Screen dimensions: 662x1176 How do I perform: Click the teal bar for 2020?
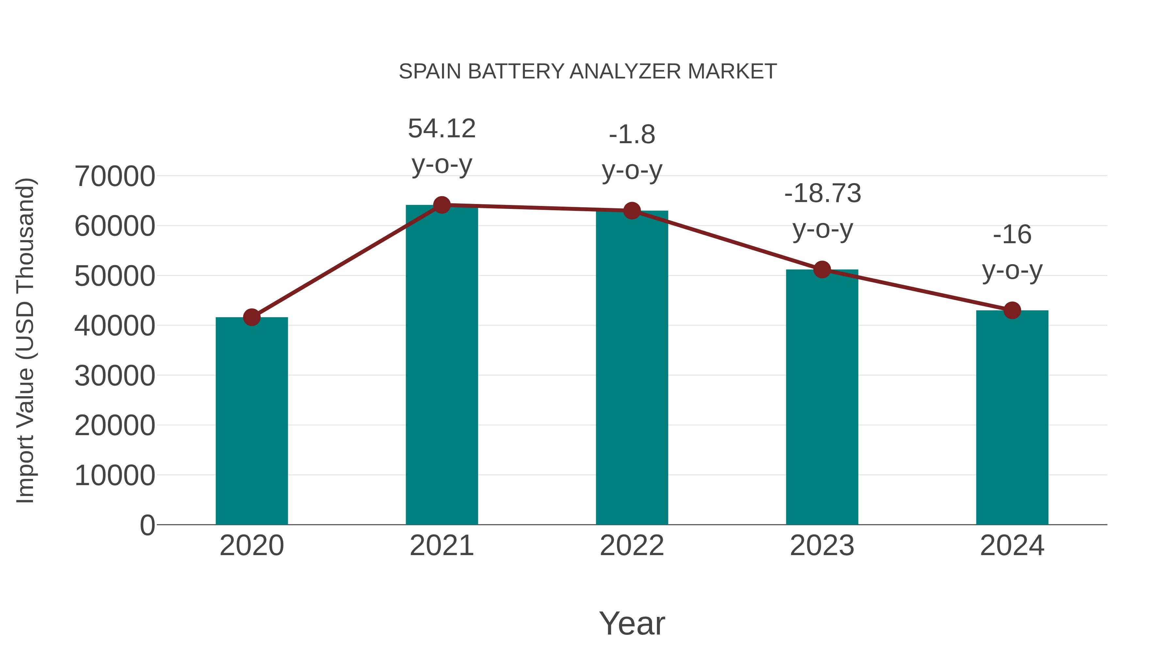pyautogui.click(x=252, y=420)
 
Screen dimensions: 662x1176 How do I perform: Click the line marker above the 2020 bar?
pyautogui.click(x=252, y=317)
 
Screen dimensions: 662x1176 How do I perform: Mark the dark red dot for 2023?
pyautogui.click(x=822, y=270)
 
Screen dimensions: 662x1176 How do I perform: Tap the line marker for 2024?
pyautogui.click(x=1012, y=311)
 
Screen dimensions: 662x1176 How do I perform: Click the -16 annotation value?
pyautogui.click(x=1012, y=235)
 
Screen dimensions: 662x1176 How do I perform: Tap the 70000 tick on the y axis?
pyautogui.click(x=115, y=176)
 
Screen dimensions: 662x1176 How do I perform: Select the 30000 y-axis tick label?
pyautogui.click(x=115, y=376)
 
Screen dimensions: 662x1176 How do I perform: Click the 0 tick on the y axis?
pyautogui.click(x=147, y=525)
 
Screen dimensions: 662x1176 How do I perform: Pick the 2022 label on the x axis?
pyautogui.click(x=632, y=546)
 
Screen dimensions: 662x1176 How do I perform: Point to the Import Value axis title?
pyautogui.click(x=25, y=340)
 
